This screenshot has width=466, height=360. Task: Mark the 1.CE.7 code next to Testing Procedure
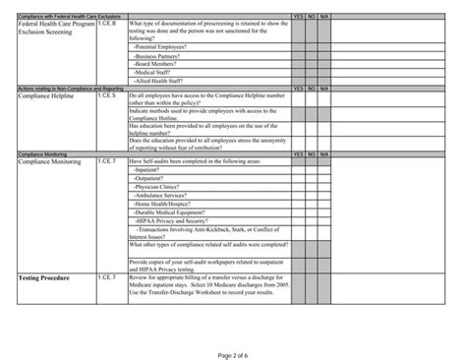click(107, 278)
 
